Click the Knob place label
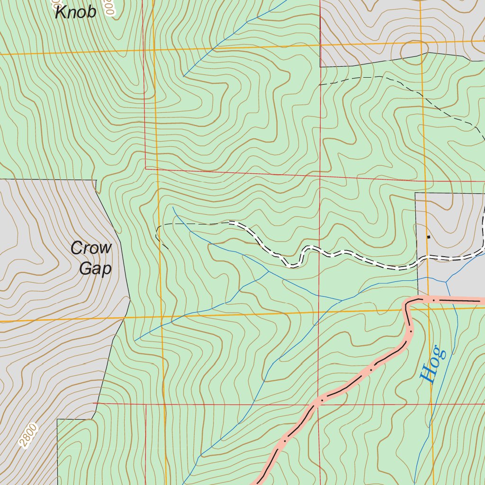[76, 12]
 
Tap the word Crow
[91, 248]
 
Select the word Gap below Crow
[95, 269]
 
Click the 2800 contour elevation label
[28, 435]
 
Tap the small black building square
[429, 236]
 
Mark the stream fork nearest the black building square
[446, 282]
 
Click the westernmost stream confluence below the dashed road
[269, 272]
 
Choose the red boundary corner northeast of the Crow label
[146, 168]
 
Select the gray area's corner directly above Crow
[96, 180]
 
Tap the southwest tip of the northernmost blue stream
[183, 77]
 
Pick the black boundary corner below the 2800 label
[57, 419]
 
